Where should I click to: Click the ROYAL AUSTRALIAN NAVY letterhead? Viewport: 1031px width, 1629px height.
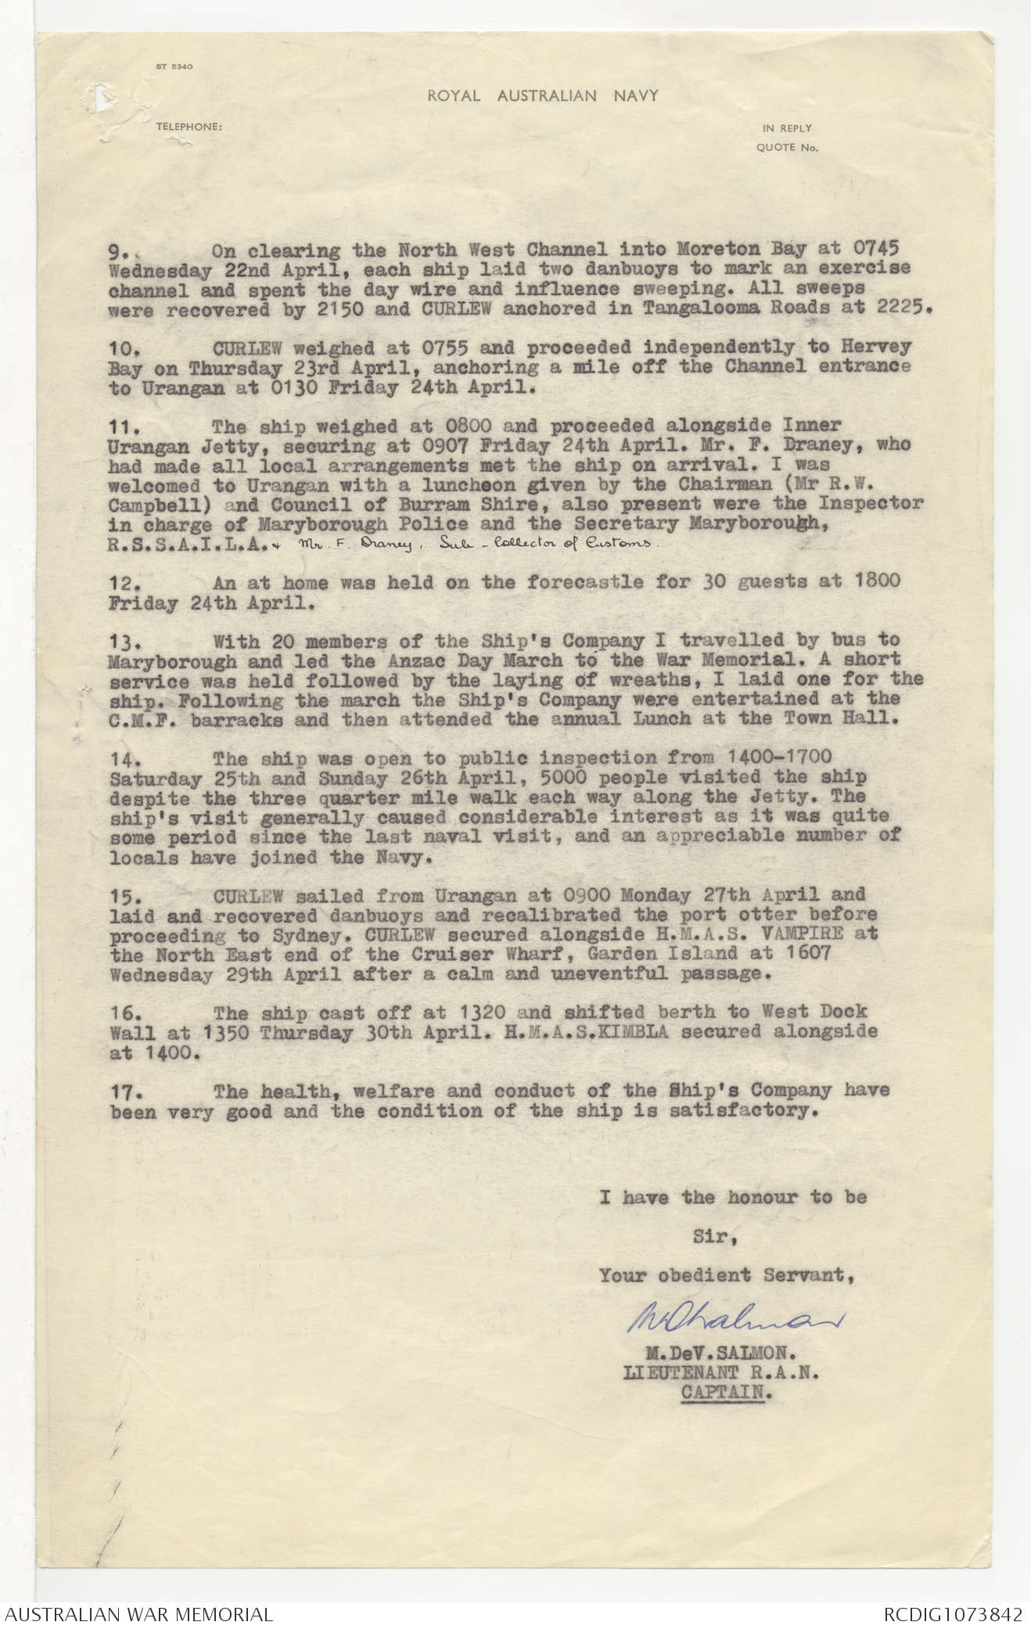coord(542,96)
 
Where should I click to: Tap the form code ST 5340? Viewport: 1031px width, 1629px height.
coord(174,67)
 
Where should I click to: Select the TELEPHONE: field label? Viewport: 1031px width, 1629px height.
coord(189,126)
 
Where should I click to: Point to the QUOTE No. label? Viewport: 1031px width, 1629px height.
coord(787,147)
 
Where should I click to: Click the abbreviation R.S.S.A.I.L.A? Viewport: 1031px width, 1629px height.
coord(184,544)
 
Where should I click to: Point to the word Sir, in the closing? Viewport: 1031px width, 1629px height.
coord(714,1237)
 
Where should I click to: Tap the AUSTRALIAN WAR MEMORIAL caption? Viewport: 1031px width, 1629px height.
coord(138,1614)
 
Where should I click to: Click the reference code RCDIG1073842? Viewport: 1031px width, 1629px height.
coord(953,1614)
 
